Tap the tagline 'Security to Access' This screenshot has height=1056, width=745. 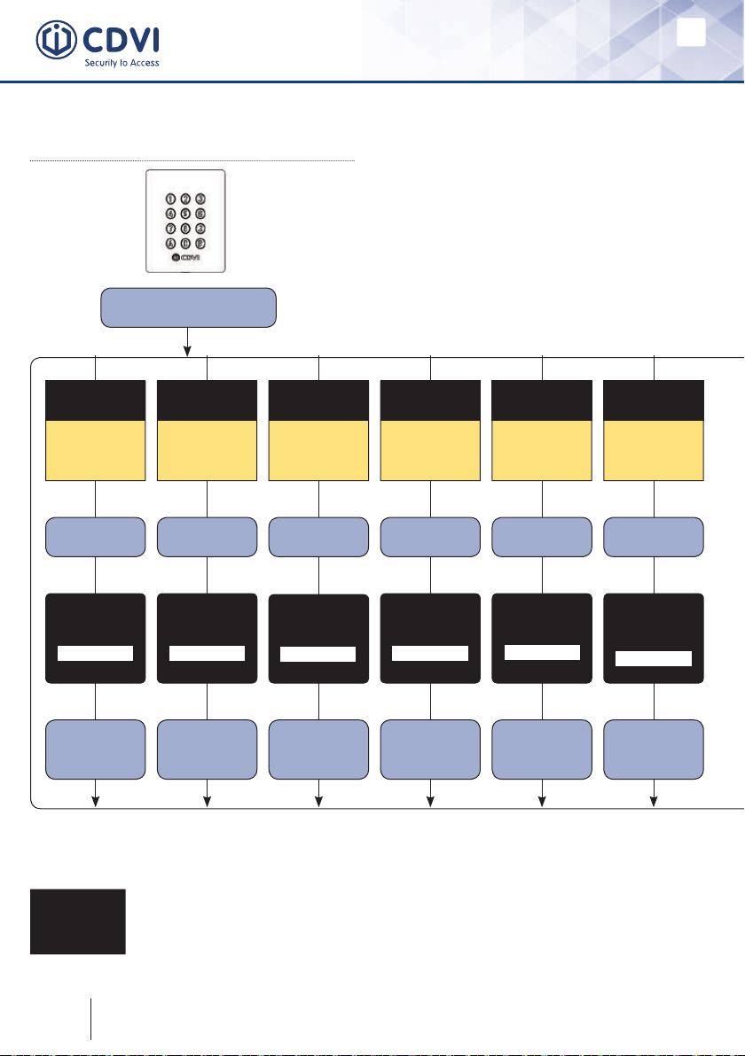pos(122,64)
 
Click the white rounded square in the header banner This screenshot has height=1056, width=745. pos(691,33)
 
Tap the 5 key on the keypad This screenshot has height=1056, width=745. pos(186,214)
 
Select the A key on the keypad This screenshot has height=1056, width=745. pos(170,244)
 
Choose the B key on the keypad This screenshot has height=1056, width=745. pos(201,244)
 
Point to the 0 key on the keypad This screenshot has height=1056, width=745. pos(186,244)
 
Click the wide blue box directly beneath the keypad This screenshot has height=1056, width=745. pos(188,307)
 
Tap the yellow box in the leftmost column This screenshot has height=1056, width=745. pos(95,451)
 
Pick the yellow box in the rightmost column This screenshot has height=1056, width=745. pos(654,451)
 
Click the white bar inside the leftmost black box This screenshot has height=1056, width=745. pos(95,653)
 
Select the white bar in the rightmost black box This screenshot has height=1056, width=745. pos(654,657)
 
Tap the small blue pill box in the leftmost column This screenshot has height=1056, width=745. pos(95,537)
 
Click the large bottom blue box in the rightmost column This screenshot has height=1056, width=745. pos(654,749)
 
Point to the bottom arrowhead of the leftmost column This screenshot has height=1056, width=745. pos(95,803)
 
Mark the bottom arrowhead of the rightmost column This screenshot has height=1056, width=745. pos(654,803)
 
